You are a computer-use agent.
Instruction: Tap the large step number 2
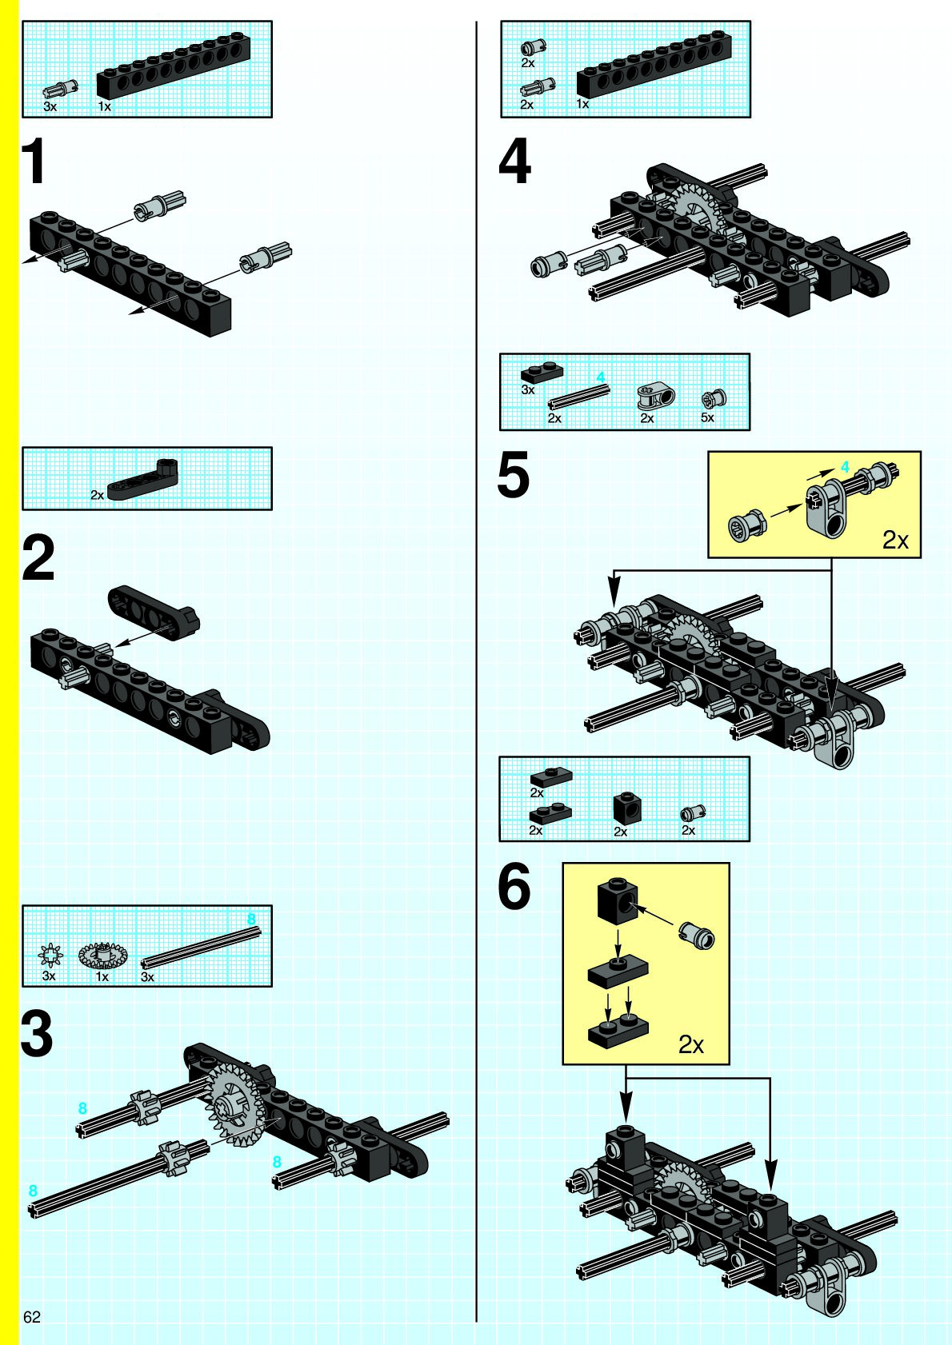38,558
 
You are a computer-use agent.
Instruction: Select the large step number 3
37,1033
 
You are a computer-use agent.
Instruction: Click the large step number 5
514,474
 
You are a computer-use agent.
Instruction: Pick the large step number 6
514,886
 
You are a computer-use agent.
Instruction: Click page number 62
32,1317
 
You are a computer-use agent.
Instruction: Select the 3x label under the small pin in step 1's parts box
50,106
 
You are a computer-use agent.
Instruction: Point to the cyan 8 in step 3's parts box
251,919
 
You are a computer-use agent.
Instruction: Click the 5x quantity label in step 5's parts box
707,417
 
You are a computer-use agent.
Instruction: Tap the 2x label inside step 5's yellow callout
895,541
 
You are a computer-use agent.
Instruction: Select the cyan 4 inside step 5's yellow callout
845,466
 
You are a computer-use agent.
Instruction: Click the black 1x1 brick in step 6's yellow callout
618,898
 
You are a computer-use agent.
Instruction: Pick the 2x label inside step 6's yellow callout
690,1045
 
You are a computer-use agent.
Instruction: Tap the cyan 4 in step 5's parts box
601,377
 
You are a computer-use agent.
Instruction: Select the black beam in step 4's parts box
654,64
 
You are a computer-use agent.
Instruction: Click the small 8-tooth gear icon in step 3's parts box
50,954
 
